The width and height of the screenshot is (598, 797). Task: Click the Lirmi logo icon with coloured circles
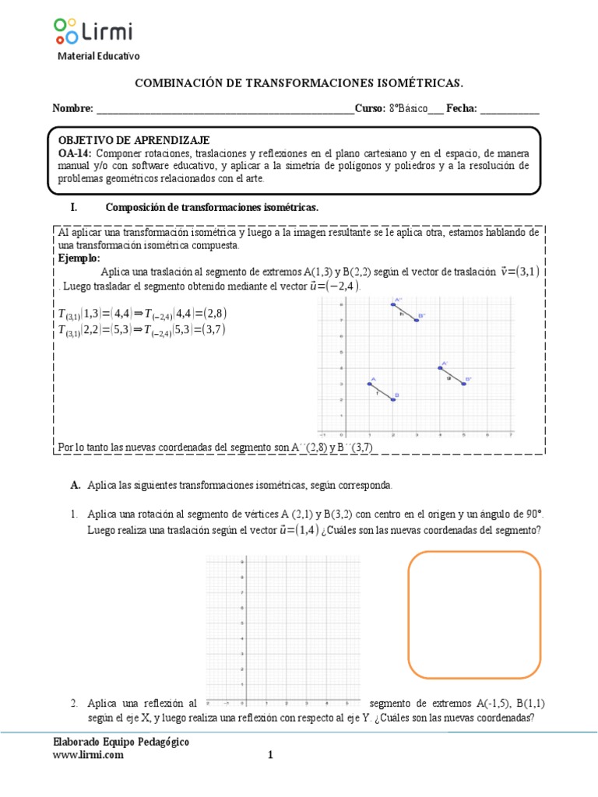(x=65, y=30)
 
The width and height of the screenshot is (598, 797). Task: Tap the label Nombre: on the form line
(x=72, y=109)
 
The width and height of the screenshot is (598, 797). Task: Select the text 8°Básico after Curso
(x=407, y=109)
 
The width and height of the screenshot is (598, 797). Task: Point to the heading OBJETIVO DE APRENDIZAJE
(x=134, y=140)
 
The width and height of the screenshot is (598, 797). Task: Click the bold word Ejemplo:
(x=79, y=258)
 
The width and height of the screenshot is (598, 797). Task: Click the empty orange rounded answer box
(x=474, y=614)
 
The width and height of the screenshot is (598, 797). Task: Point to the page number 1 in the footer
(x=270, y=754)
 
